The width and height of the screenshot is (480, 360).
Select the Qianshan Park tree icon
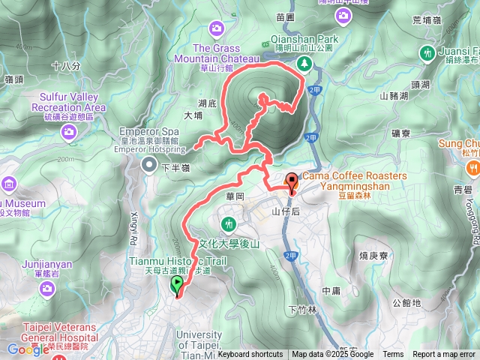(x=304, y=63)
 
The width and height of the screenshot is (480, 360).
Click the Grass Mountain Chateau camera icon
(x=217, y=28)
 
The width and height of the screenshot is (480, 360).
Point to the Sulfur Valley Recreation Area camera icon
(x=69, y=132)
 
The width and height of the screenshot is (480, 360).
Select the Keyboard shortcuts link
(x=250, y=355)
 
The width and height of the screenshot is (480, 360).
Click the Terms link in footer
(x=393, y=355)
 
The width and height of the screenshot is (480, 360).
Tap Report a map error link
(x=444, y=355)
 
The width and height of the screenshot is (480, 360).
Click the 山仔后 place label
(x=285, y=213)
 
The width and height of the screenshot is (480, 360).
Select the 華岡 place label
(x=235, y=196)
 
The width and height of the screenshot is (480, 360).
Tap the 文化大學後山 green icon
(x=229, y=223)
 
